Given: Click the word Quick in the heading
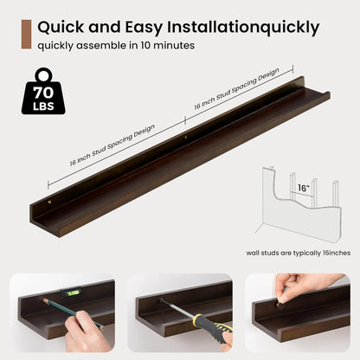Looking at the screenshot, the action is pos(61,27).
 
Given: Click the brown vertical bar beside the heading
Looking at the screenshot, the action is pos(26,35).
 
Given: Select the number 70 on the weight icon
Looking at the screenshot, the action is pos(43,93).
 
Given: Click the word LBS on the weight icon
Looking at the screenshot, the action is pos(43,106).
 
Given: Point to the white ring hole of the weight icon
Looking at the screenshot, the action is pos(43,76).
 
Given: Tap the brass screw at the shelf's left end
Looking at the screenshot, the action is pos(50,202).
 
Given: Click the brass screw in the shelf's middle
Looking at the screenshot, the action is pos(186,138).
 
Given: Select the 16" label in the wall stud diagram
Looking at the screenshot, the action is pos(304,188).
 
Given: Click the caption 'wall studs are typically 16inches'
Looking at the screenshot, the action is pos(299,253).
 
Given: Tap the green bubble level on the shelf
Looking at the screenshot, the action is pos(72,292).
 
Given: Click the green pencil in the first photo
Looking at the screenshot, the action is pos(73,314).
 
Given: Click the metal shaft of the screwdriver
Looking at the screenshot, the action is pos(177,308).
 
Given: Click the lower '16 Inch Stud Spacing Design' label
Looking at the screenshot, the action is pos(112,145).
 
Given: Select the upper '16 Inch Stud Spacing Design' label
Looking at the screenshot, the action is pos(237,88).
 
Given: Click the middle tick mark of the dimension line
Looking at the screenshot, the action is pos(185,120).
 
